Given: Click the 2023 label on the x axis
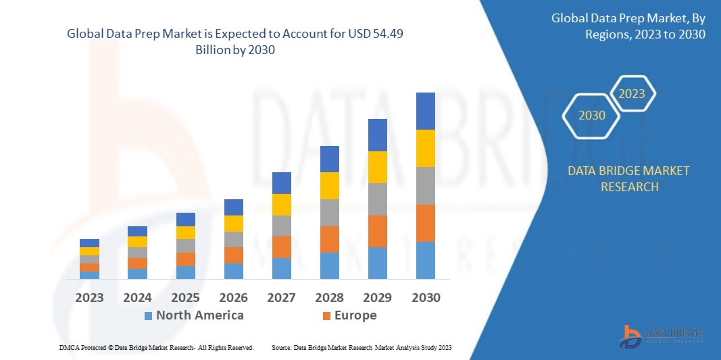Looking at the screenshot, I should click(x=89, y=297).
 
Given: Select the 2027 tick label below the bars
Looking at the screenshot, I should click(x=281, y=297).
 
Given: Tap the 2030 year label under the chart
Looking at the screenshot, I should click(x=425, y=297).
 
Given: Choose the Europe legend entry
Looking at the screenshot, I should click(x=355, y=315).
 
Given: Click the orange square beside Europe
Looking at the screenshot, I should click(x=326, y=315).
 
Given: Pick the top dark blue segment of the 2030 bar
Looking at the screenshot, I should click(x=425, y=111).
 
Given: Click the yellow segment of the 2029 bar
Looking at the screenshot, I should click(x=377, y=167).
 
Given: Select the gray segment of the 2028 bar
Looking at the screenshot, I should click(x=329, y=212).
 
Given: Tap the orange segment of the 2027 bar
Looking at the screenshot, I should click(x=281, y=247).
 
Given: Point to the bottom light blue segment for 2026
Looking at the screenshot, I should click(x=233, y=271).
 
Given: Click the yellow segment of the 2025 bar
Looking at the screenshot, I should click(x=185, y=232).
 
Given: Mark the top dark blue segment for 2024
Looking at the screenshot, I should click(x=137, y=231).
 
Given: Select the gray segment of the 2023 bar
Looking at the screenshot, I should click(x=89, y=259).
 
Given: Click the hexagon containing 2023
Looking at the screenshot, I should click(x=632, y=94).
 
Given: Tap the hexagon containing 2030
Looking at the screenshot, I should click(x=592, y=115).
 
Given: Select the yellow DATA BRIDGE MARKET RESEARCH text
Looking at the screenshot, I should click(x=629, y=178).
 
